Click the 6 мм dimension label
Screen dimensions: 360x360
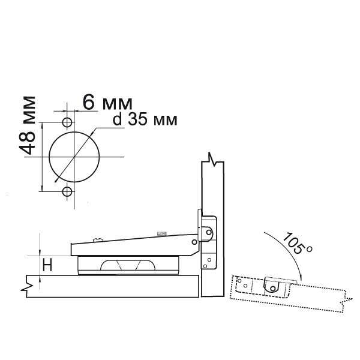point(107,103)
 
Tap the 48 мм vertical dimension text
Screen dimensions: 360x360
point(28,125)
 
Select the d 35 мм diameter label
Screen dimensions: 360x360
point(145,119)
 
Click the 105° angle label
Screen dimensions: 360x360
point(298,243)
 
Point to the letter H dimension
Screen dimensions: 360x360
point(47,264)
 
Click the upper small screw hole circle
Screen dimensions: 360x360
point(67,122)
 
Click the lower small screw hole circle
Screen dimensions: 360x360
point(67,191)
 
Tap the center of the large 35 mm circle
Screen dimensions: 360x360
point(74,157)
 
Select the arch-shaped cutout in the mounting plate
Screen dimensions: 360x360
point(128,265)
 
